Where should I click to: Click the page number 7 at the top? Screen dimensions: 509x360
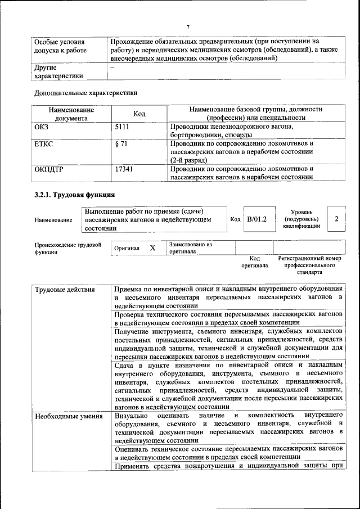pos(188,26)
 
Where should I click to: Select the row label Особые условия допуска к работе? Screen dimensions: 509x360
pos(60,46)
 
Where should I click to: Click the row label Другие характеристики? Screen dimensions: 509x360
pos(58,72)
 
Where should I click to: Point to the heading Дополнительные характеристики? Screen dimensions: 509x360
pos(86,92)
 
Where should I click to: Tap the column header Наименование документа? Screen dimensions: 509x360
pos(71,114)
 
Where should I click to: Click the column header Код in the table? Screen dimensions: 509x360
pos(139,114)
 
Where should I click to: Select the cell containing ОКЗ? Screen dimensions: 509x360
pos(42,128)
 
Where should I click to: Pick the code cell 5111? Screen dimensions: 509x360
pos(123,128)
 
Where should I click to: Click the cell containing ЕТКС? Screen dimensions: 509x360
pos(44,144)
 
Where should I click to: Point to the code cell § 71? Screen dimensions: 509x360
pos(121,144)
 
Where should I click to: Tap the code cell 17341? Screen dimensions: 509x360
pos(124,169)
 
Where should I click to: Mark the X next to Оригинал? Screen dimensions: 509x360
pos(152,248)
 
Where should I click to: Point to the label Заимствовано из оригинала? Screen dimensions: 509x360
pos(190,249)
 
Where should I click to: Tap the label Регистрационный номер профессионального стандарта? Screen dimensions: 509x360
pos(309,265)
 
